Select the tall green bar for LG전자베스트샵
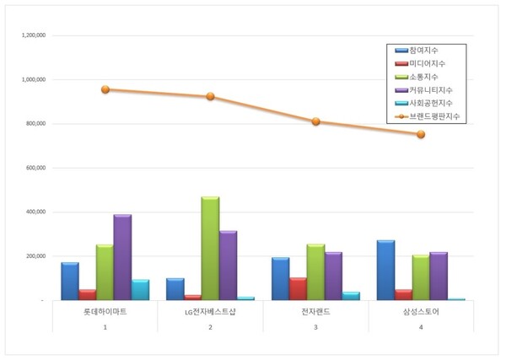click(x=210, y=248)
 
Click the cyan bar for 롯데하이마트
click(x=140, y=289)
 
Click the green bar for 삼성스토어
click(x=420, y=277)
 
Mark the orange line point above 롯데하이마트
click(x=105, y=89)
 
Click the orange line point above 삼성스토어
click(x=421, y=134)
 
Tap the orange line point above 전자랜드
click(x=315, y=121)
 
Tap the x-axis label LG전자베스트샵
click(x=210, y=313)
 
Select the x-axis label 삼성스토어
click(x=421, y=313)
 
